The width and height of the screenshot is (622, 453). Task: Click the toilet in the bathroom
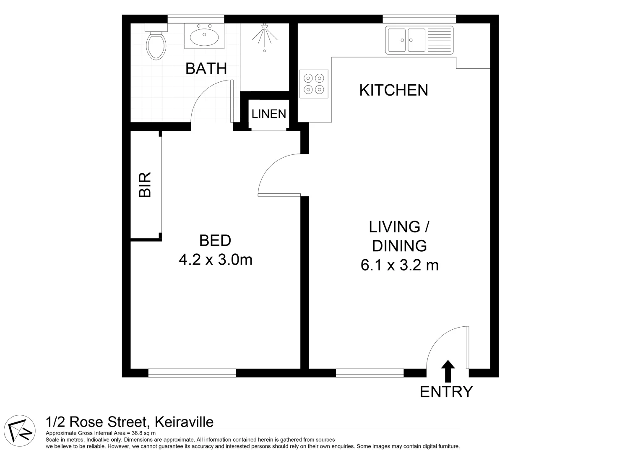tap(156, 44)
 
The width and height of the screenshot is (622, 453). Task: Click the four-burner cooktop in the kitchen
tap(314, 83)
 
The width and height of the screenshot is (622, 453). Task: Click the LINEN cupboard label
tap(269, 114)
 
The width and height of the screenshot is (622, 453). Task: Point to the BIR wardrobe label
tap(145, 185)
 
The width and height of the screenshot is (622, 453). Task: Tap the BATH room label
tap(206, 68)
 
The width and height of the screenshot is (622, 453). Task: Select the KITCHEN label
tap(393, 90)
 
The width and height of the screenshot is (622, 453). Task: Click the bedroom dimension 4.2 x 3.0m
tap(216, 260)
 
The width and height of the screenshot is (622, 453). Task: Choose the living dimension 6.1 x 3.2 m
tap(399, 265)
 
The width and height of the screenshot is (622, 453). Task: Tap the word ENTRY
tap(446, 392)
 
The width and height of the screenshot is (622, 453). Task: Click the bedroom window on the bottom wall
tap(192, 372)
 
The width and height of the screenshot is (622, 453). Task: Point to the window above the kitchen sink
tap(419, 19)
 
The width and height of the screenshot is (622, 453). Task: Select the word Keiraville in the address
tap(184, 422)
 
